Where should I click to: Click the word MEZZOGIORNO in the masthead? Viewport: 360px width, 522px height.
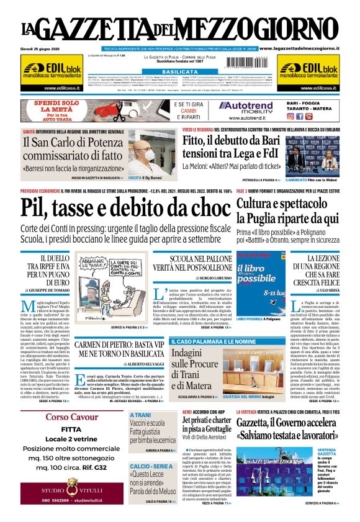(x=276, y=29)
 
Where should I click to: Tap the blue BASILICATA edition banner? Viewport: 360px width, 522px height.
(x=179, y=72)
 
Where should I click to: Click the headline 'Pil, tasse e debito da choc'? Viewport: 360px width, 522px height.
(x=124, y=209)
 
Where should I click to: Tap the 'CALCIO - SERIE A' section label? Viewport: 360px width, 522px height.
(x=153, y=466)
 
